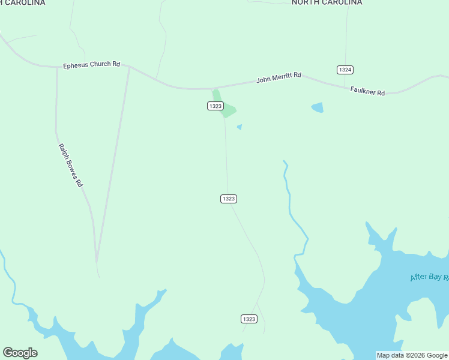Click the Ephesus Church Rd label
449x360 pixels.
pos(92,64)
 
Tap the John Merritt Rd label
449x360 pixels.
pos(279,79)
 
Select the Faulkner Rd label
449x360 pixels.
pos(367,91)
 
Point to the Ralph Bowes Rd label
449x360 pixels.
pos(70,165)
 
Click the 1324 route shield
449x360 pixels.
pos(345,70)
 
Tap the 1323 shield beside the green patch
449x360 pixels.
pos(215,106)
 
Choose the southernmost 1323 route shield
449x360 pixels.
pos(249,319)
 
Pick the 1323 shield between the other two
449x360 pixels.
pos(228,199)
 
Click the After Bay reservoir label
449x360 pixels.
pos(429,277)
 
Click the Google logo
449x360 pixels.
pos(20,353)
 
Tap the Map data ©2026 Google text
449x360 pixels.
pos(412,355)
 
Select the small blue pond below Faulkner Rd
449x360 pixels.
pos(318,107)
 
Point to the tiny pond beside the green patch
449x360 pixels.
pos(240,127)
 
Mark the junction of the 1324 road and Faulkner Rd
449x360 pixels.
pos(345,86)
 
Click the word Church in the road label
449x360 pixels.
pos(98,64)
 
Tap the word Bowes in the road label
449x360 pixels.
pos(70,166)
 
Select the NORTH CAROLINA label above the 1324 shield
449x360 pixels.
pos(327,2)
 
